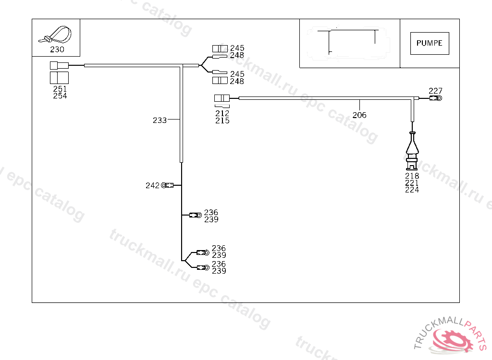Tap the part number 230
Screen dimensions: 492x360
(57, 49)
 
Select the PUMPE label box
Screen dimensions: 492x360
(430, 43)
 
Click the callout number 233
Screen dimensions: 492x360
(160, 120)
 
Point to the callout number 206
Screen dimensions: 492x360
(359, 115)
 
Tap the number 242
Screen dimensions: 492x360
(152, 185)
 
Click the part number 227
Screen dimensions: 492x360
(435, 91)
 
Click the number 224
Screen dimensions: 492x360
(412, 190)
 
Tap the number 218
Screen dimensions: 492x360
(412, 176)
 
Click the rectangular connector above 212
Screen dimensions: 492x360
(221, 98)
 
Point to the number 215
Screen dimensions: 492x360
(222, 120)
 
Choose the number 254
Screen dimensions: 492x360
(60, 96)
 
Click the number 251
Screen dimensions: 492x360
(60, 89)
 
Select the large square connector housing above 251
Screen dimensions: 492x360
(60, 78)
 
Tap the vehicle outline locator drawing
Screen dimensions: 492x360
(349, 42)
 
